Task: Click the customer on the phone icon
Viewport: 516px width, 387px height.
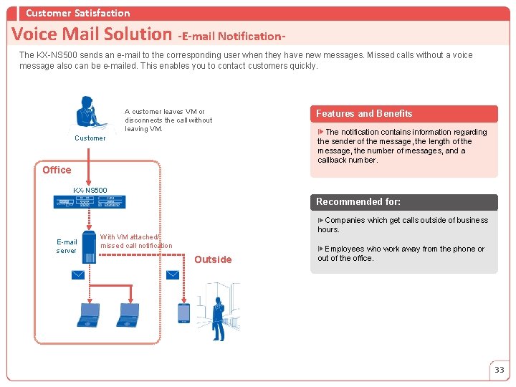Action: tap(90, 114)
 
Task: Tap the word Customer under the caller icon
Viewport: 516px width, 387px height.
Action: tap(90, 138)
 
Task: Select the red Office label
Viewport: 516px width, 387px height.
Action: tap(57, 170)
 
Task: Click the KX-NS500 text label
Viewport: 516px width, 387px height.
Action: tap(90, 190)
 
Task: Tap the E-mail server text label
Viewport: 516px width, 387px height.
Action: tap(67, 247)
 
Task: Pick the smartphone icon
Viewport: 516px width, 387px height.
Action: tap(183, 312)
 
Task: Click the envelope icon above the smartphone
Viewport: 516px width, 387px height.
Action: tap(173, 274)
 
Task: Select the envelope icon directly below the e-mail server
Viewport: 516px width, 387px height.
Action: tap(77, 274)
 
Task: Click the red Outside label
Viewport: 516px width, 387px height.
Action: tap(213, 259)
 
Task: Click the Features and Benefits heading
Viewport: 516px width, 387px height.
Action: tap(364, 113)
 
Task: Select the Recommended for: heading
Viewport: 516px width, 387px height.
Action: tap(358, 202)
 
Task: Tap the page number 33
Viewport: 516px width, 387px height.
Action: tap(499, 370)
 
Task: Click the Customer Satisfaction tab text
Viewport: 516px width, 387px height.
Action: tap(78, 13)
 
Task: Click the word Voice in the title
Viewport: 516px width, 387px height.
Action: tap(34, 34)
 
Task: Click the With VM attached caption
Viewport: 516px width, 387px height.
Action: tap(136, 241)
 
